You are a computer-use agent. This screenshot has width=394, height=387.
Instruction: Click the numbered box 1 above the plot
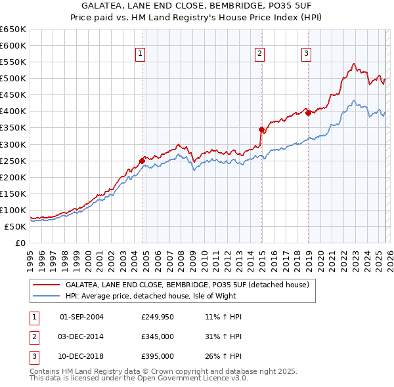tap(141, 54)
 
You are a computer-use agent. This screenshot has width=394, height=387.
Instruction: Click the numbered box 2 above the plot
tap(260, 54)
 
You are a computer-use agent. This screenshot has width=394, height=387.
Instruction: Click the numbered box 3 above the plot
tap(307, 54)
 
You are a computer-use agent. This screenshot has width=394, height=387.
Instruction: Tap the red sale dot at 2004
tap(142, 160)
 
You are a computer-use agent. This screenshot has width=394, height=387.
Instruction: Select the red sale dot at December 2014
tap(261, 129)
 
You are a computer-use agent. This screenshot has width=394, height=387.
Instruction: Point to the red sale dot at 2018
tap(308, 112)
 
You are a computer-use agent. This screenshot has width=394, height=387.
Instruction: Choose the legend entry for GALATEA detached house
tap(187, 285)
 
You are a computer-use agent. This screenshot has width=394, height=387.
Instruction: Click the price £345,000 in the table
tap(157, 336)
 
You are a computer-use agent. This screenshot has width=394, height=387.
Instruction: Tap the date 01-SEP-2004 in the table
tap(81, 317)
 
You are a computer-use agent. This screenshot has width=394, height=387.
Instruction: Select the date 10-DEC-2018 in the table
tap(81, 356)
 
